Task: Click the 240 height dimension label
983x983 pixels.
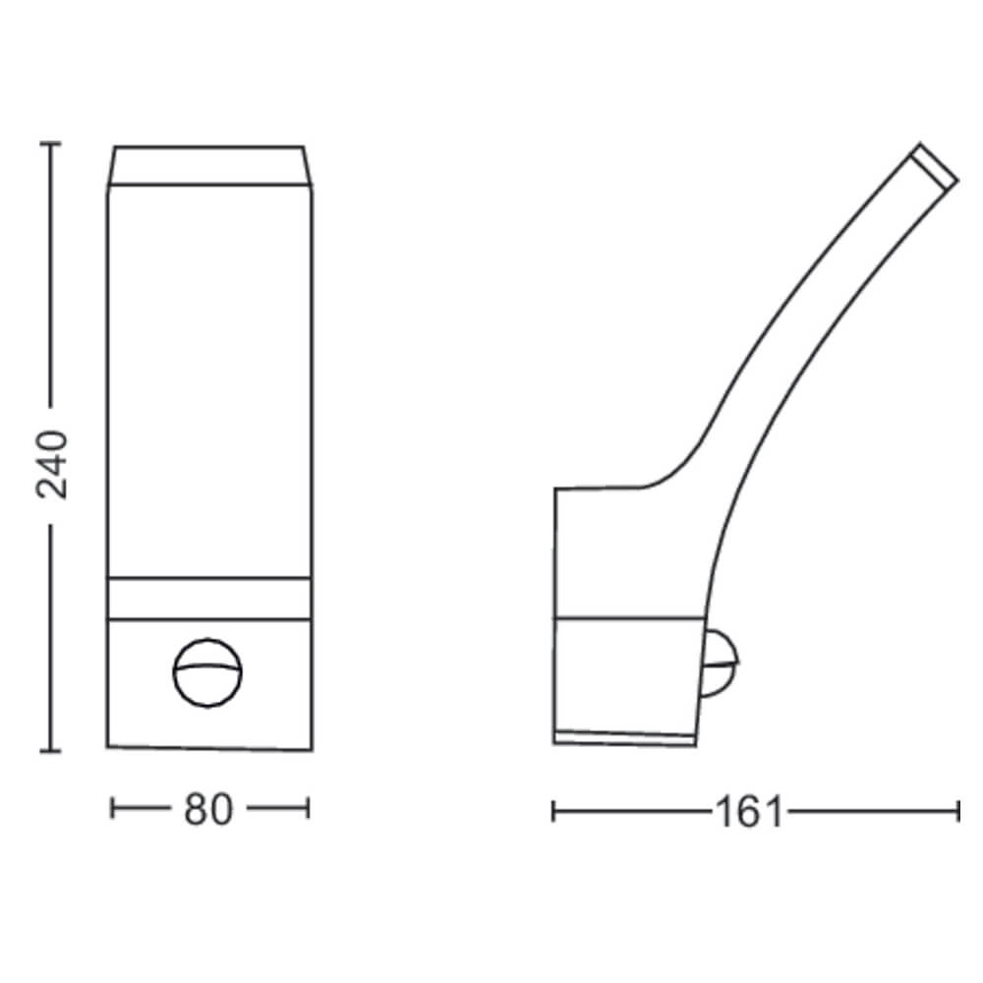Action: point(52,465)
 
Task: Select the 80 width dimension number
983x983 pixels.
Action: point(208,810)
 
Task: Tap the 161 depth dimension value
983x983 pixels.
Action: point(749,812)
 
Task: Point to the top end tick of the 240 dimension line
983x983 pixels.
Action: point(50,144)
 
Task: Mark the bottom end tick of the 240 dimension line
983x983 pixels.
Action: point(50,751)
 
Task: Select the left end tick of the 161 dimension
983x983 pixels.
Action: point(553,811)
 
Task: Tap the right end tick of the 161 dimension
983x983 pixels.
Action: point(957,811)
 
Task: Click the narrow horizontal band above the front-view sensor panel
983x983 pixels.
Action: point(207,597)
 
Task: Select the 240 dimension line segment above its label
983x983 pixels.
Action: point(50,275)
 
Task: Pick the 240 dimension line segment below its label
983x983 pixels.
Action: point(50,639)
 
